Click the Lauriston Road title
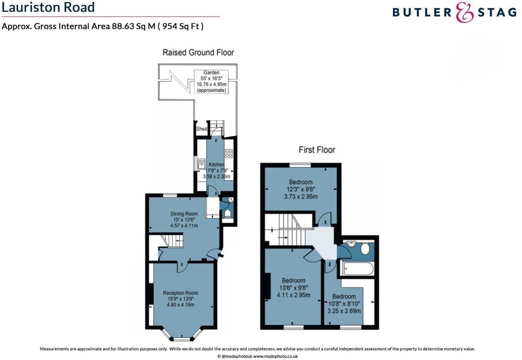pos(48,7)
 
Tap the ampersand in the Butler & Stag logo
pos(465,12)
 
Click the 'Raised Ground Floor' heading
pos(198,53)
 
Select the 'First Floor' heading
pos(317,150)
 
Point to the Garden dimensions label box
pos(212,82)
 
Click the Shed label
pos(201,129)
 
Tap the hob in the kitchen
pos(229,153)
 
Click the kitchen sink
pos(202,164)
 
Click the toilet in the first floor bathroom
pos(365,249)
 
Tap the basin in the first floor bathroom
pos(351,244)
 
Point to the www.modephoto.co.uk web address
pos(275,356)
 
